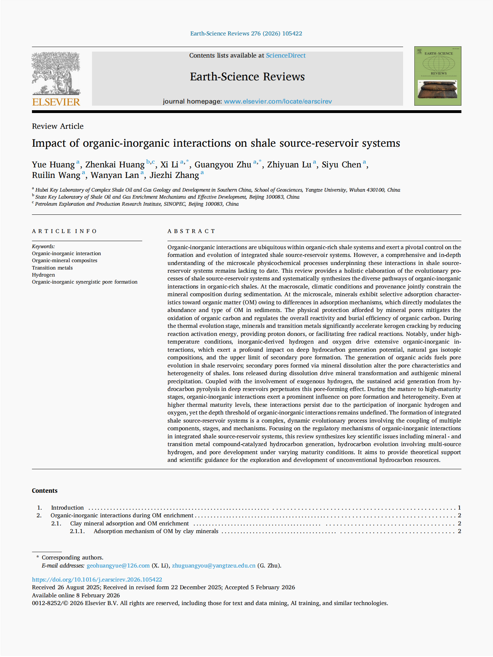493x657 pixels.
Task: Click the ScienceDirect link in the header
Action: [285, 55]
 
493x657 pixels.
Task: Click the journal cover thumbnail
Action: [438, 76]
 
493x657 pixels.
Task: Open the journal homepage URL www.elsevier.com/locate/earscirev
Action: [278, 101]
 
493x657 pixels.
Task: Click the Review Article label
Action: [58, 126]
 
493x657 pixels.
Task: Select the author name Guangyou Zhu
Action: [223, 165]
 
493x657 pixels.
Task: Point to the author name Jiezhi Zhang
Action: [174, 175]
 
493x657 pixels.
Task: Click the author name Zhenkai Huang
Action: [115, 165]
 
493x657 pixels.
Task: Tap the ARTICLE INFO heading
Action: [64, 231]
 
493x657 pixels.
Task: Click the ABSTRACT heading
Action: [191, 231]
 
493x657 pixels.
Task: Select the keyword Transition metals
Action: [52, 268]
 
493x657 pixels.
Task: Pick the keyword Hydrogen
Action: [43, 275]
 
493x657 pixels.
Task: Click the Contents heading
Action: [45, 491]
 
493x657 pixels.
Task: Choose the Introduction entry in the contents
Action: [67, 507]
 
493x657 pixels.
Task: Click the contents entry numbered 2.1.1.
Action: [156, 531]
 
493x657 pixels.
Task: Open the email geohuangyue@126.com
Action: [118, 565]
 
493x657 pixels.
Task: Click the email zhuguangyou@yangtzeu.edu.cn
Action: [213, 565]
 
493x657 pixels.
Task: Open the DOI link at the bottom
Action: [97, 579]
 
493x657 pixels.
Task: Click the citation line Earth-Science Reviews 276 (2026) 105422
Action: [246, 34]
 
